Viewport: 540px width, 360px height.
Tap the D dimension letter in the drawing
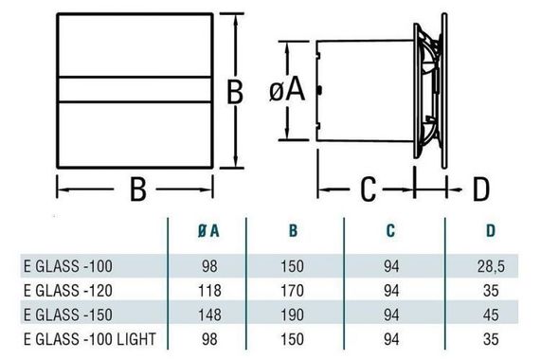pos(479,189)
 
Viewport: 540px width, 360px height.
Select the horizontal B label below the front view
pos(137,191)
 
